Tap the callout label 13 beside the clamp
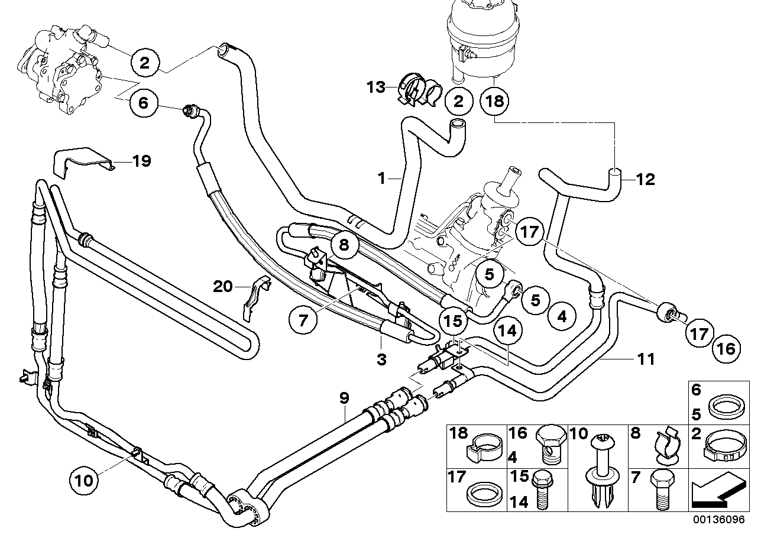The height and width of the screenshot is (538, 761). [x=374, y=87]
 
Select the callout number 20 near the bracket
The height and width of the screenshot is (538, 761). [x=223, y=287]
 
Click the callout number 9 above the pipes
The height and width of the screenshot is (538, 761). [x=344, y=398]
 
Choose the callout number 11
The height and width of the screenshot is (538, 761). [x=646, y=358]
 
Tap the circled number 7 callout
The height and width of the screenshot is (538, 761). [x=303, y=321]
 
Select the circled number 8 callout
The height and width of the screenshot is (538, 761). [x=344, y=243]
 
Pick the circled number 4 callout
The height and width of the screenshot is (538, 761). [x=562, y=317]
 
